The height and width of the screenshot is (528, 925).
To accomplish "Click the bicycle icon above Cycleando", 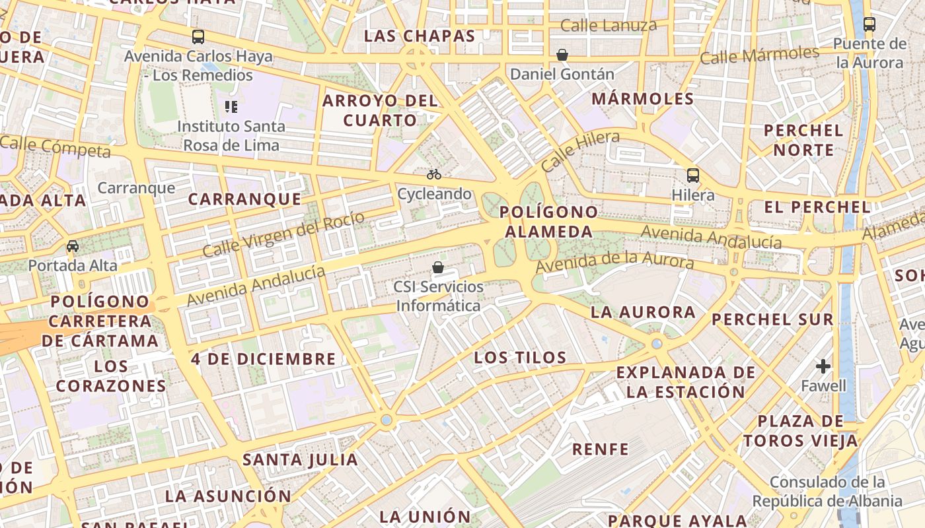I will [434, 174].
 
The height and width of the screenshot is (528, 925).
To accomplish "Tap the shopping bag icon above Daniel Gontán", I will [562, 55].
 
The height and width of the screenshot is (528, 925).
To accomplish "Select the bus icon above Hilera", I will [693, 176].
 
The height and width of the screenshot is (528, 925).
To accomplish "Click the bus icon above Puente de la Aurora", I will [869, 24].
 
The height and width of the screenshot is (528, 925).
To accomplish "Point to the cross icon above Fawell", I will [823, 366].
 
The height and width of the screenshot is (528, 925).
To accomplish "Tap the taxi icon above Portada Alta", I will [73, 246].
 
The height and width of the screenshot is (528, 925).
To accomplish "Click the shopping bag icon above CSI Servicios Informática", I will [437, 267].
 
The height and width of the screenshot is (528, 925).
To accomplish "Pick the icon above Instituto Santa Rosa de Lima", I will [231, 106].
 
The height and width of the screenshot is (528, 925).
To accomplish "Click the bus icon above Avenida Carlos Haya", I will [198, 37].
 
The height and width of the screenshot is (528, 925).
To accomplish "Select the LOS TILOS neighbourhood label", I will [521, 358].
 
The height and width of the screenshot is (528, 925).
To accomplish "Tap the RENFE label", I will [601, 449].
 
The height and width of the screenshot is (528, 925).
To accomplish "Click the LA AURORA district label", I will [643, 312].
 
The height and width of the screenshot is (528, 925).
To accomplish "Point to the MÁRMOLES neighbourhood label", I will [643, 99].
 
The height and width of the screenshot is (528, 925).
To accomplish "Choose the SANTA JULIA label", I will [300, 459].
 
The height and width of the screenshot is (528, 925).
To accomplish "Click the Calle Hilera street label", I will [580, 150].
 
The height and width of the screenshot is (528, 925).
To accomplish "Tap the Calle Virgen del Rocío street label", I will [283, 234].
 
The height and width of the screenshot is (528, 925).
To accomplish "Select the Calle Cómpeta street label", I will [55, 147].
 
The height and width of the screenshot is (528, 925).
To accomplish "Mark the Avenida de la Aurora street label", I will [614, 262].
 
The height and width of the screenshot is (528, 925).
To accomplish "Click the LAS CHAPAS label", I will [420, 36].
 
